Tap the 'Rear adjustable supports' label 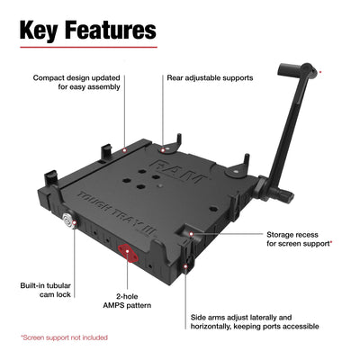coord(210,78)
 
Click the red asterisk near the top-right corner coord(320,69)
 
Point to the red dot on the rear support coord(164,139)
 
